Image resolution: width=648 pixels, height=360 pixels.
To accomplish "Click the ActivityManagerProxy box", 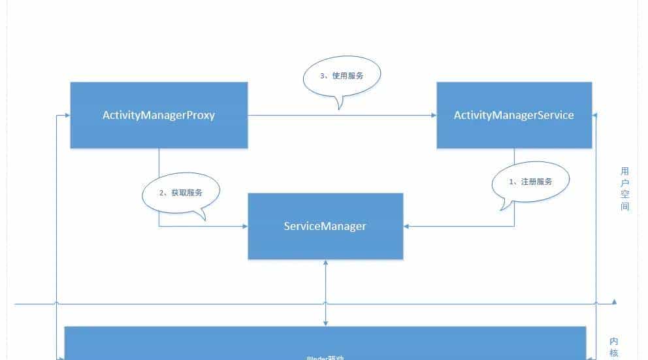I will pos(159,115).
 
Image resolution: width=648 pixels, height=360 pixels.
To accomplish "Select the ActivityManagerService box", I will pos(514,115).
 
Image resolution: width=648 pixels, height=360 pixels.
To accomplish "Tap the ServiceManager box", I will pos(325,226).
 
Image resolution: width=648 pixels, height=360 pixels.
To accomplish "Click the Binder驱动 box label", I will pos(325,357).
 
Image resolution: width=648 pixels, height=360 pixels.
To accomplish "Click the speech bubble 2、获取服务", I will pos(181,193).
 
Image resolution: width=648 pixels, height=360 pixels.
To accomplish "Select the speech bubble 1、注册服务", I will pos(530,182).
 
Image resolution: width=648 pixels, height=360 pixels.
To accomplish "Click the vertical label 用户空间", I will pos(624,189).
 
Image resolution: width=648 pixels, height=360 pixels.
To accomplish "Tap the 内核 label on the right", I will pos(614,348).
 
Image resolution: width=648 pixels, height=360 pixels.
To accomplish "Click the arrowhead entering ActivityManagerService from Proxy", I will pos(433,116).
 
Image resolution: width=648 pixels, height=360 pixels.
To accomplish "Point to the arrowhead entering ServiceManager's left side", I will pos(244,227).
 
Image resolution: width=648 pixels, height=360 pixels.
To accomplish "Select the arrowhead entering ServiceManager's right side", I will pos(407,227).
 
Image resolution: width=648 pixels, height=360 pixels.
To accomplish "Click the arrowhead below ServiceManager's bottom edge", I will pos(325,263).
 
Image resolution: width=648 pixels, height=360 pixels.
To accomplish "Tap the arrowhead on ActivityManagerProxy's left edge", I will pos(67,116).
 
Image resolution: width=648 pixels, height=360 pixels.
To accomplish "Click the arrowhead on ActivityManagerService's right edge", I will pos(595,116).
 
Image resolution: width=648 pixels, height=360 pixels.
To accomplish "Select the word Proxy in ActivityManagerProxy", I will pos(199,115).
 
